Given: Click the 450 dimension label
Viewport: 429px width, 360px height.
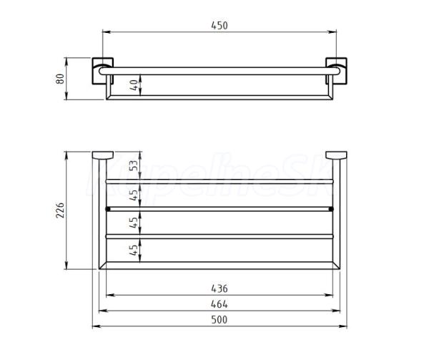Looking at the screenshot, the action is coord(220,25).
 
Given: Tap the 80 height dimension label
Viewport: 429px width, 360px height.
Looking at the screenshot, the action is coord(59,79).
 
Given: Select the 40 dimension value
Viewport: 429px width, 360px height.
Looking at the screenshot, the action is coord(134,85).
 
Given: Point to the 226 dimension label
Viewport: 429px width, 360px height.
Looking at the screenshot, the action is coord(59,210).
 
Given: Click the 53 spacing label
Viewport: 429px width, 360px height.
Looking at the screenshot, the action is coord(134,165).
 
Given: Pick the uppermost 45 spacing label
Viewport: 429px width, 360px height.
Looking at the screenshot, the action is coord(134,195).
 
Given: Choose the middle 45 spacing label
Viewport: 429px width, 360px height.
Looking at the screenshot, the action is coord(134,223).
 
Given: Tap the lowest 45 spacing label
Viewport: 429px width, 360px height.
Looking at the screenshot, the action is coord(134,250).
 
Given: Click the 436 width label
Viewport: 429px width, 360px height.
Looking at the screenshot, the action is coord(220,288).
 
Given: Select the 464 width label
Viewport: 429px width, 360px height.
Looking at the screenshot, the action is coord(220,304).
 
